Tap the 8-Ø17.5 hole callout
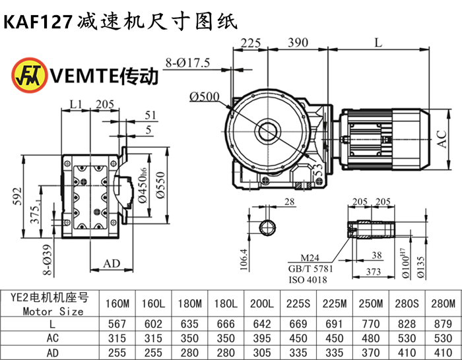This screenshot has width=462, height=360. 188,64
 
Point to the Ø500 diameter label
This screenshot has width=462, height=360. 204,97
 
